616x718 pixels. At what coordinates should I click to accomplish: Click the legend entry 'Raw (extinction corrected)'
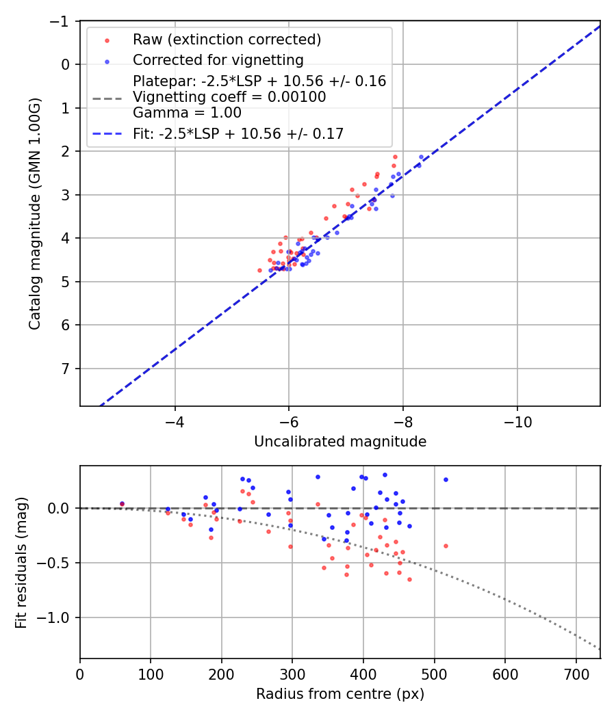(227, 39)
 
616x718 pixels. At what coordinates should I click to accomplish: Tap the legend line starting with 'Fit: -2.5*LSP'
(238, 134)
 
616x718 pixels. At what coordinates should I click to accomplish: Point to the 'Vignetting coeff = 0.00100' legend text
(229, 97)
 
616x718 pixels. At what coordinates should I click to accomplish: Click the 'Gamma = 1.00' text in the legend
(187, 113)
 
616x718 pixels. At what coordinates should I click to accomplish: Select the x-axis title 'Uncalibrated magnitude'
(340, 442)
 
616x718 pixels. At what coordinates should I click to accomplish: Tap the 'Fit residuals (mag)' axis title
(21, 562)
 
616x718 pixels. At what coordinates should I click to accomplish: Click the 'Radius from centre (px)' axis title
(340, 694)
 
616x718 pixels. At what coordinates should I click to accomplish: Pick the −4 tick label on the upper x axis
(175, 419)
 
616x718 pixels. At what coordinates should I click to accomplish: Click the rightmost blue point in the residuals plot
(446, 479)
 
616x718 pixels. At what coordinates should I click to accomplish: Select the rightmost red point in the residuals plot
(446, 546)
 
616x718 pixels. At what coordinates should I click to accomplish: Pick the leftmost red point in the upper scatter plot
(259, 270)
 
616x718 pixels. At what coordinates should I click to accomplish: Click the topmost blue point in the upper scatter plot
(422, 157)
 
